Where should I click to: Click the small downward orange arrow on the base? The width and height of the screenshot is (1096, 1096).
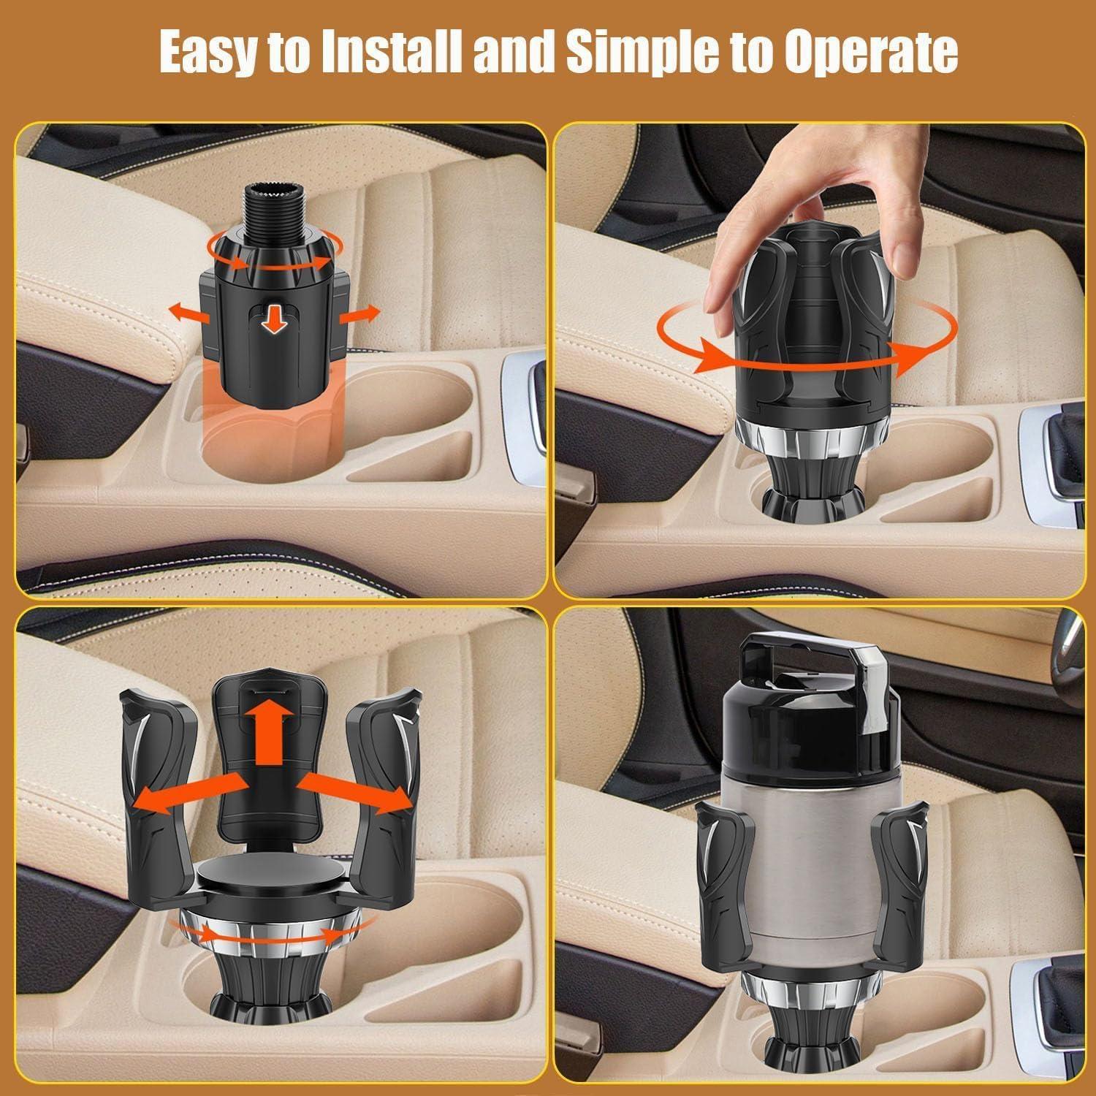coord(275,320)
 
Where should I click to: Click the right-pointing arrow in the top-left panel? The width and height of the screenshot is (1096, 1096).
coord(359,313)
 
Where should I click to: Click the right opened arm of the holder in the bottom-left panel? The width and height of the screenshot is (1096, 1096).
coord(380,789)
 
